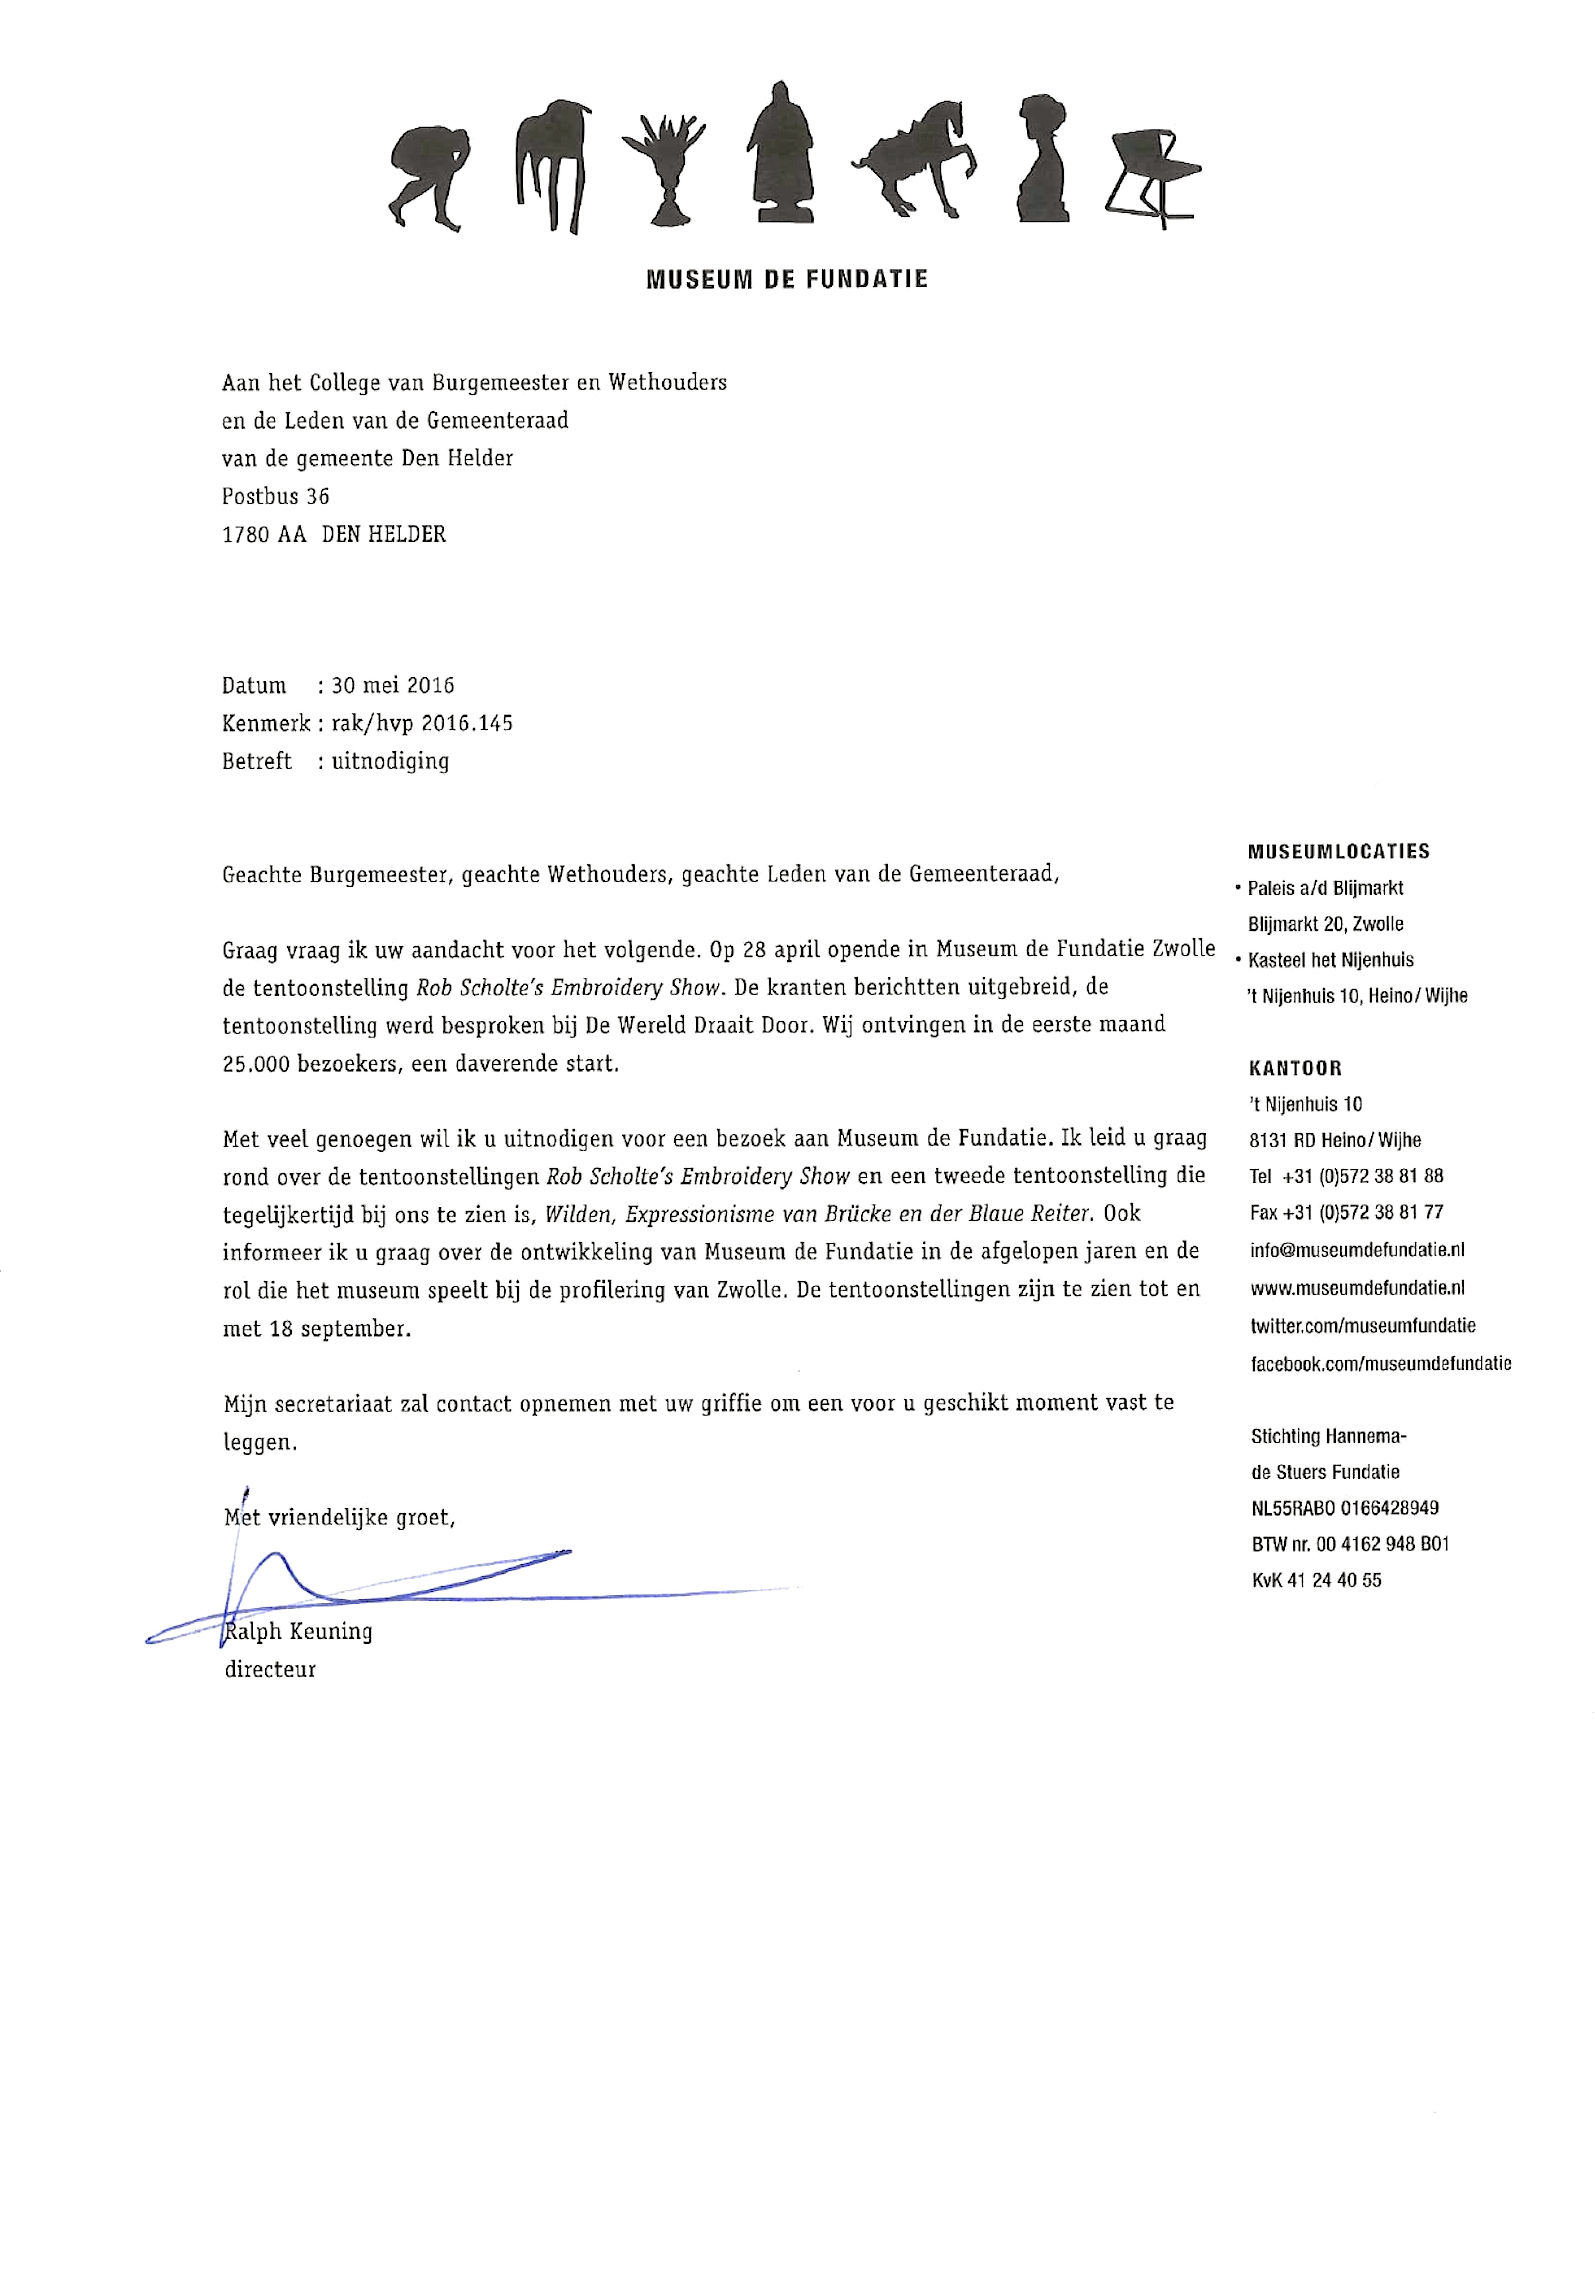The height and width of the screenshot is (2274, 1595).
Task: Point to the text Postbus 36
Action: click(x=275, y=496)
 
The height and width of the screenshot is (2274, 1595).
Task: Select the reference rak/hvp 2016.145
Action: click(x=422, y=723)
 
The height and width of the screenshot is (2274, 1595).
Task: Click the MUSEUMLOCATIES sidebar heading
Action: click(x=1338, y=851)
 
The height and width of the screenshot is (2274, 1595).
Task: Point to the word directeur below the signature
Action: click(x=270, y=1669)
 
